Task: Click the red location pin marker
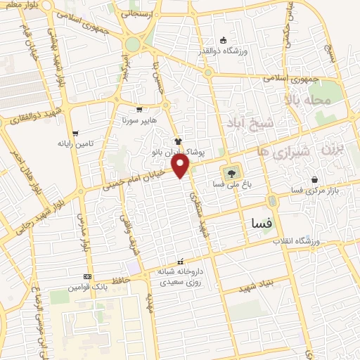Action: pos(182,167)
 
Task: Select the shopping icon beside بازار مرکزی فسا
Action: pos(314,179)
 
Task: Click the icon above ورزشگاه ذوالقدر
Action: pos(223,39)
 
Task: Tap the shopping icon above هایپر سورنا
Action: pos(139,109)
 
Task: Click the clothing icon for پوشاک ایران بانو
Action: pos(178,141)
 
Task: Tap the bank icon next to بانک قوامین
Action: pos(87,276)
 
